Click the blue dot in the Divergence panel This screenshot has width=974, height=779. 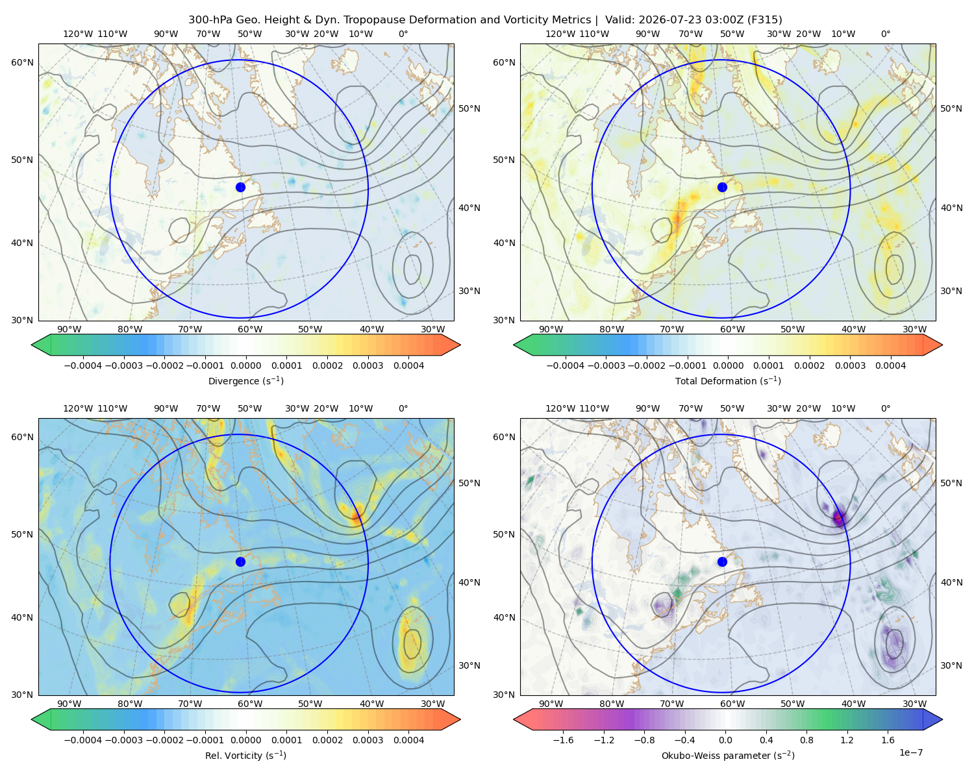240,187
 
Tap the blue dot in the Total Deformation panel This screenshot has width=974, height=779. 722,187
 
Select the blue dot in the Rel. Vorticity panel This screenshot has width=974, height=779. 240,562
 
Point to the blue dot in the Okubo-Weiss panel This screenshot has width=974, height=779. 722,562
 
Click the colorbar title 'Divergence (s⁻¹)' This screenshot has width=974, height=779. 245,380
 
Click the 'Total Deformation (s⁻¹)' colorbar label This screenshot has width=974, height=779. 728,380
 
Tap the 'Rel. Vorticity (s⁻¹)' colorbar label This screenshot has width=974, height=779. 245,755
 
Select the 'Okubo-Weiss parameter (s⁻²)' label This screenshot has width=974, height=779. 728,755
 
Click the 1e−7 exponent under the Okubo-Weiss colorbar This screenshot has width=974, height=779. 910,752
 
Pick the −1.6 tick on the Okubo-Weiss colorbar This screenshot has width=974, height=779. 564,739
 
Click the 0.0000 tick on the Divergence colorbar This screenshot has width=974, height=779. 245,365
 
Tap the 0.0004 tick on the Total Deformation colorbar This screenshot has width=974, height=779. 890,365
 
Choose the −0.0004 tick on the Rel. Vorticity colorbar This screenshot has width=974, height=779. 83,739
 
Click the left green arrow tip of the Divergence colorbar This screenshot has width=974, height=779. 32,345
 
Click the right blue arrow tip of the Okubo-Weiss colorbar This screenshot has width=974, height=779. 942,719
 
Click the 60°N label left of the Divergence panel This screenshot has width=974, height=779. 22,62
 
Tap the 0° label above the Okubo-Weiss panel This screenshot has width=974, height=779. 885,408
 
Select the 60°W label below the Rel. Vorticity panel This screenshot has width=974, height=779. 250,704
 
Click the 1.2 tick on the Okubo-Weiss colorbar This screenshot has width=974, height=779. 847,739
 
